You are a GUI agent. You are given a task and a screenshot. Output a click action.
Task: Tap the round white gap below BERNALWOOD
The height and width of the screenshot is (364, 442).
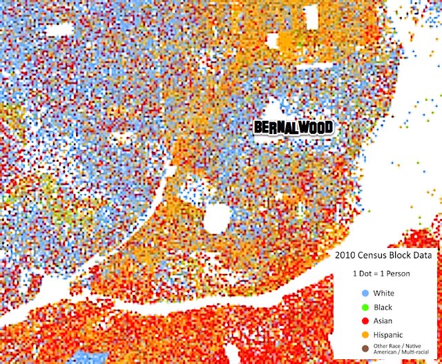[x=216, y=219]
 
